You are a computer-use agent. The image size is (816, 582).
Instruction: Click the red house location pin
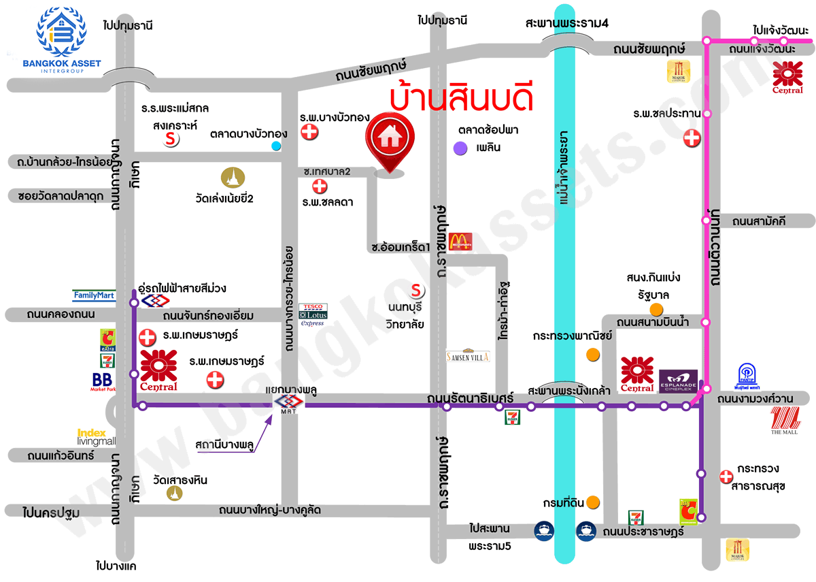coord(389,140)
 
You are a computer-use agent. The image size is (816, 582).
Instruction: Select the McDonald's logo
coord(460,240)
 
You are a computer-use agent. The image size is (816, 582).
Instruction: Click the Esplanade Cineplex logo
coord(678,381)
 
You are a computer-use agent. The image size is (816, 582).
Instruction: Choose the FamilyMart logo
coord(94,295)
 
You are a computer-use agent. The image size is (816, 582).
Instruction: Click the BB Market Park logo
coord(103,381)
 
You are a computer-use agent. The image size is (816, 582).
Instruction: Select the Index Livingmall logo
coord(96,436)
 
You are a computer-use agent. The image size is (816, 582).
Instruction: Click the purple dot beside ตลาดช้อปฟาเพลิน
coord(461,148)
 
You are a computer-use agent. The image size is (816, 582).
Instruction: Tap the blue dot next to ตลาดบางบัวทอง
coord(275,146)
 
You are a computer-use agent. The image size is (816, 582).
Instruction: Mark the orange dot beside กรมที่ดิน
coord(594,502)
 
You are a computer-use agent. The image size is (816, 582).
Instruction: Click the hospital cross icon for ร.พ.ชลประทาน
coord(692,138)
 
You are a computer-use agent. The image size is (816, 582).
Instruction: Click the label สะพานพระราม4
coord(566,23)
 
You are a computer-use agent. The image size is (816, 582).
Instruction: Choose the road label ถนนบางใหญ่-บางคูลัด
coord(270,510)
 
